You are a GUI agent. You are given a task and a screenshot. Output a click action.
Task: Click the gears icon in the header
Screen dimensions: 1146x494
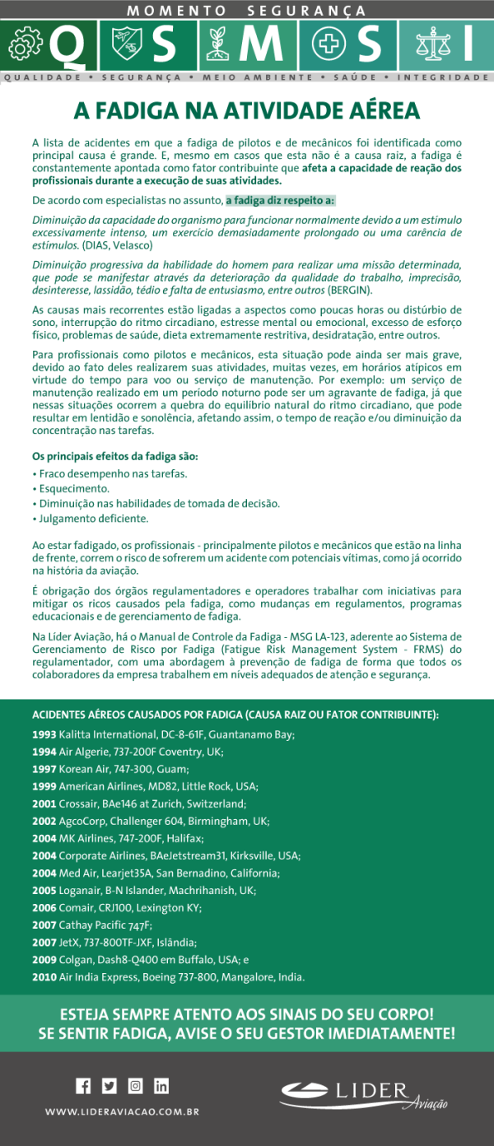24,46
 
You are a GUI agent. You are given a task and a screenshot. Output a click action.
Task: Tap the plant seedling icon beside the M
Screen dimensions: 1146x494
217,45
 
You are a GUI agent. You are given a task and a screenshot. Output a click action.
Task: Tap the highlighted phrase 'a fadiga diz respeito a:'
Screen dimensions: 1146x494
280,200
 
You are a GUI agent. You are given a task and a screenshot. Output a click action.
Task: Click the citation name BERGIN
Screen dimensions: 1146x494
349,291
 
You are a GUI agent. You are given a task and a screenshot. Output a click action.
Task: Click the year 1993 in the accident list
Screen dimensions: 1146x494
44,734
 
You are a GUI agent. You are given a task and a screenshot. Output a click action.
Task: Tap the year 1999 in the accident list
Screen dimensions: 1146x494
44,786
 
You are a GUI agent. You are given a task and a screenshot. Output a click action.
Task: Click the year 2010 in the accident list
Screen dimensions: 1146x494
44,977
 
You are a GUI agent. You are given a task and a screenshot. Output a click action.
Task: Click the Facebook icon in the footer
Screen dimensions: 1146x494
83,1085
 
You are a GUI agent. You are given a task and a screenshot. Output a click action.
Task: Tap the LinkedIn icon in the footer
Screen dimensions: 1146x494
161,1085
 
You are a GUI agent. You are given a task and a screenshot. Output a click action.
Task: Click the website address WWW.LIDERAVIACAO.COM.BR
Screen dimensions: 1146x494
123,1111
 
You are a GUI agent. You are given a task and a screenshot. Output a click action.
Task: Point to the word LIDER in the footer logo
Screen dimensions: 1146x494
371,1092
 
